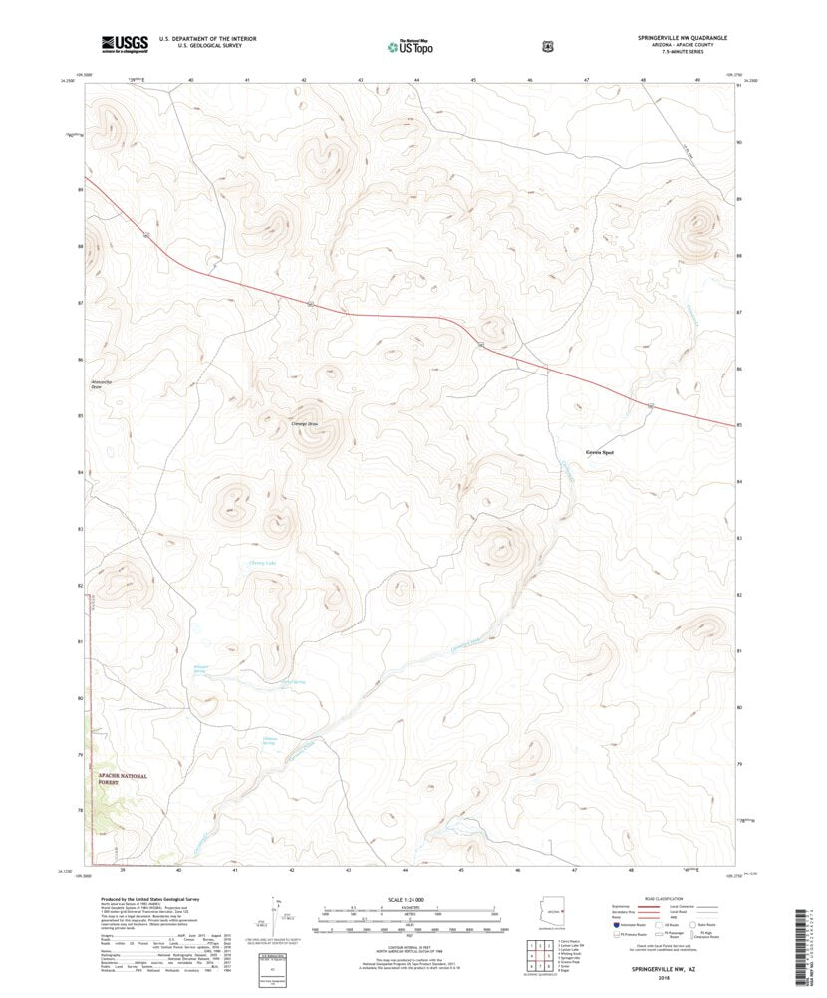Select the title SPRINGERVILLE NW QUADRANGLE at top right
point(683,37)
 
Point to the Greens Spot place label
point(600,452)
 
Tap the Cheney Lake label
point(263,564)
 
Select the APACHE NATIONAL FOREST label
point(123,779)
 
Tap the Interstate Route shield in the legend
point(617,924)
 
